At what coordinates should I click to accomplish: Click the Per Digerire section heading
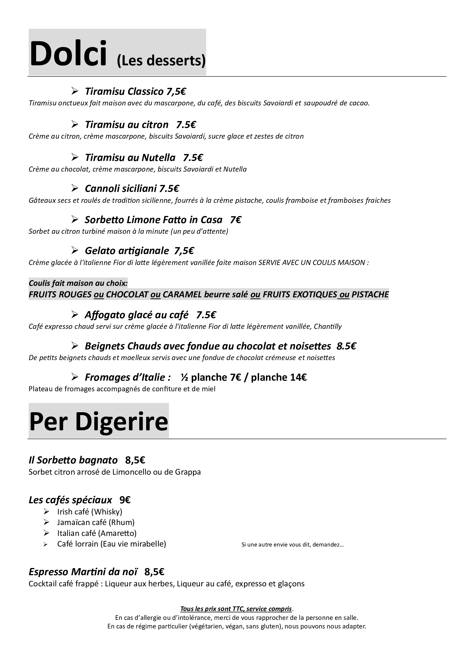pyautogui.click(x=99, y=422)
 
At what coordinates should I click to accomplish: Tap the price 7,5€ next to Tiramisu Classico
pyautogui.click(x=176, y=92)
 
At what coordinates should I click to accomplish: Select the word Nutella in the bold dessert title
pyautogui.click(x=158, y=158)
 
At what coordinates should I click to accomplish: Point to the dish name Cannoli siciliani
pyautogui.click(x=121, y=188)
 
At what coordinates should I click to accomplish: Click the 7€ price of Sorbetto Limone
pyautogui.click(x=236, y=220)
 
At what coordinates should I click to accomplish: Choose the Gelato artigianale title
pyautogui.click(x=127, y=251)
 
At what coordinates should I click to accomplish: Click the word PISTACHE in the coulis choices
pyautogui.click(x=370, y=294)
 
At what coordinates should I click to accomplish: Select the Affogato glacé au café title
pyautogui.click(x=137, y=315)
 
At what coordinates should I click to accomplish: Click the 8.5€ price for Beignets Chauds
pyautogui.click(x=346, y=346)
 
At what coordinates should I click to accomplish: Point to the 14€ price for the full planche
pyautogui.click(x=298, y=377)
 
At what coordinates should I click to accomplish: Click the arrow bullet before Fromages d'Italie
pyautogui.click(x=75, y=377)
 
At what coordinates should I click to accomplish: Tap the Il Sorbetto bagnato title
pyautogui.click(x=73, y=460)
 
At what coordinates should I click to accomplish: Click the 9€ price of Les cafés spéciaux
pyautogui.click(x=125, y=500)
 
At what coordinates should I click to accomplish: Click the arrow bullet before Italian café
pyautogui.click(x=46, y=533)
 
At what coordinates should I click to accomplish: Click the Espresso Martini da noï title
pyautogui.click(x=83, y=572)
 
